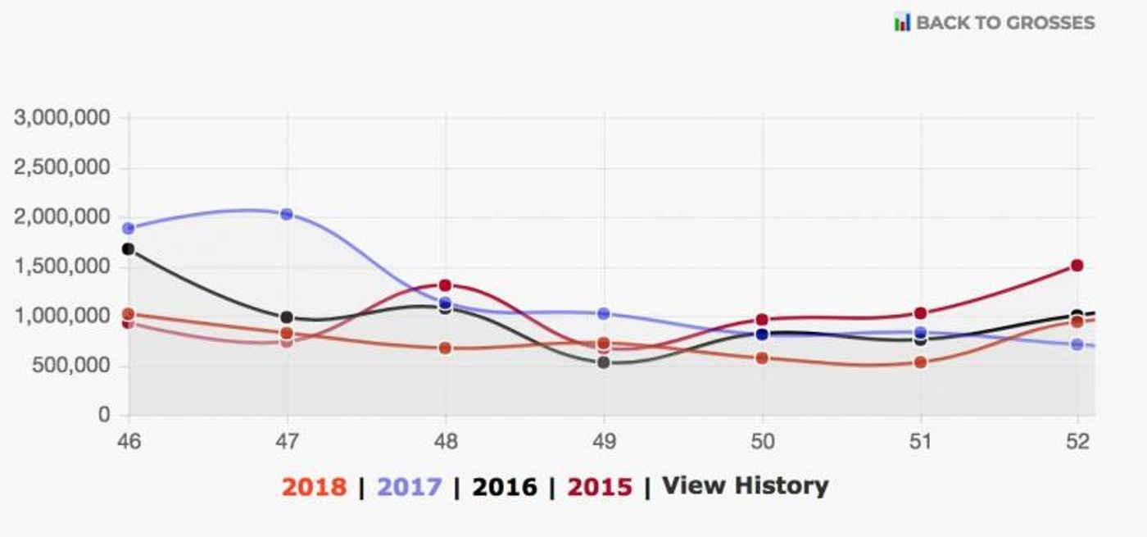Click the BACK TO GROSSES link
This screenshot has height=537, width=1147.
[x=1004, y=22]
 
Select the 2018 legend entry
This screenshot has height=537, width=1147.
[x=314, y=486]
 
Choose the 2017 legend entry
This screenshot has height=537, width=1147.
[x=409, y=486]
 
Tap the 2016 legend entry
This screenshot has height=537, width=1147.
[x=505, y=486]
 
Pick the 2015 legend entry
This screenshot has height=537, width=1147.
[x=600, y=486]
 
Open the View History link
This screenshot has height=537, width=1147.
[x=745, y=485]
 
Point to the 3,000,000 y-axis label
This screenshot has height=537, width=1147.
[x=62, y=117]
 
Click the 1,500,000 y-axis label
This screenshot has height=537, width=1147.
[x=62, y=266]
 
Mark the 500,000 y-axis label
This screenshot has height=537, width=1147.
[x=70, y=366]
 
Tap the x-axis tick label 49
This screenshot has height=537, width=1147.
[x=604, y=442]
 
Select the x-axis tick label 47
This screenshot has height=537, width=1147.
[x=287, y=442]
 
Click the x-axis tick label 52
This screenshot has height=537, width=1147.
[x=1078, y=442]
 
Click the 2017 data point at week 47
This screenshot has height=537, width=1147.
[x=287, y=214]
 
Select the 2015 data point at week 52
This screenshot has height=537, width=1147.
[x=1077, y=266]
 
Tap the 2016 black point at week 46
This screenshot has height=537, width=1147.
[x=128, y=248]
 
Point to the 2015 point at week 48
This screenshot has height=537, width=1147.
[x=445, y=285]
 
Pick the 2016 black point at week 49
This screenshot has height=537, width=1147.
[x=604, y=362]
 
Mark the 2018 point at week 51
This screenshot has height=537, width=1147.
[x=920, y=362]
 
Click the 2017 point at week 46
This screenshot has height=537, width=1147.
[x=128, y=228]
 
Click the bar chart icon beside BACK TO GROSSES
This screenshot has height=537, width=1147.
[x=902, y=22]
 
